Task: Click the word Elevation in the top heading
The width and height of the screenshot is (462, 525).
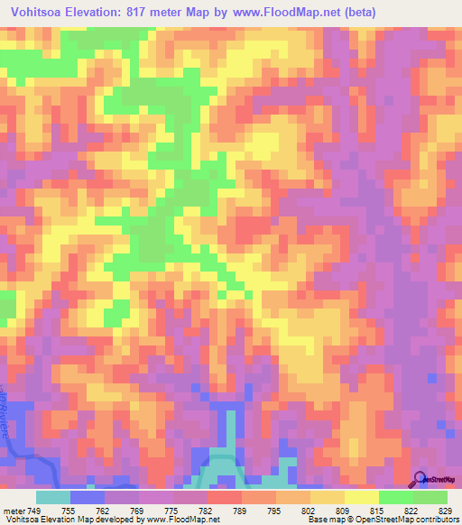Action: pyautogui.click(x=106, y=12)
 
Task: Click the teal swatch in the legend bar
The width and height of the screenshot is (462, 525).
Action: pyautogui.click(x=53, y=496)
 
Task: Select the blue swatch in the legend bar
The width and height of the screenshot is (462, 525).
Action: pyautogui.click(x=88, y=496)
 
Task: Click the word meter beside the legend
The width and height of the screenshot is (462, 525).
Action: pyautogui.click(x=13, y=511)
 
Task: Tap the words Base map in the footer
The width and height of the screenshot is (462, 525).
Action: pyautogui.click(x=325, y=520)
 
